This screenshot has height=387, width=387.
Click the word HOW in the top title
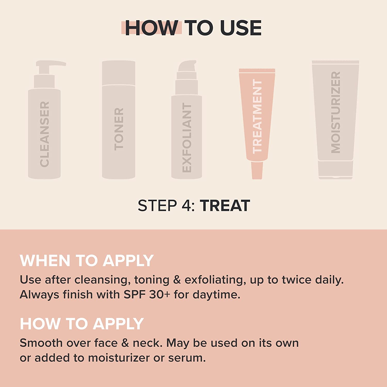[x=151, y=28]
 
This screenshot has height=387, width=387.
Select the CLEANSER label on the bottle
[x=45, y=134]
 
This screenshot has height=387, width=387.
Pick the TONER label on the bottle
[x=119, y=129]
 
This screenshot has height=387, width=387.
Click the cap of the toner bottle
[x=119, y=73]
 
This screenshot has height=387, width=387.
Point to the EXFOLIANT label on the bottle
[x=187, y=138]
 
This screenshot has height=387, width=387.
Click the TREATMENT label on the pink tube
[x=257, y=116]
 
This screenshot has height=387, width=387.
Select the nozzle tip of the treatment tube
[x=257, y=170]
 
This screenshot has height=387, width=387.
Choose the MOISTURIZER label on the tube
[x=336, y=112]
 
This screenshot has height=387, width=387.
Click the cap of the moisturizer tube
[x=335, y=170]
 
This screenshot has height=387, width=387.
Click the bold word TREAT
[x=225, y=206]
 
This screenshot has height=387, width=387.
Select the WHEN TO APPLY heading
[x=87, y=261]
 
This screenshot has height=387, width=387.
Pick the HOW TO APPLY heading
[x=82, y=324]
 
